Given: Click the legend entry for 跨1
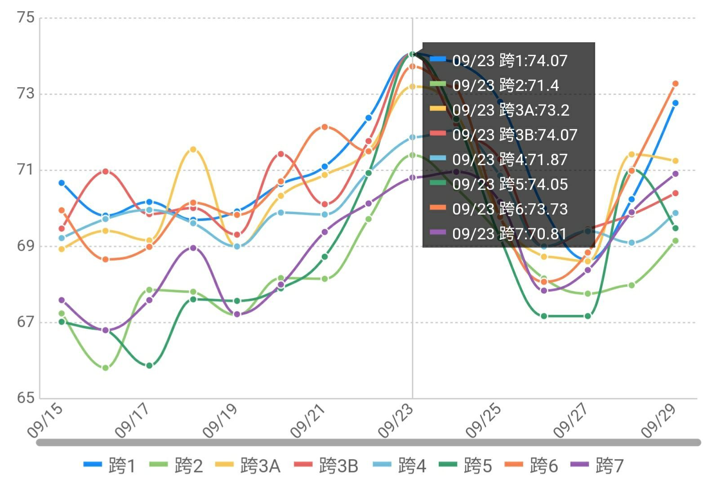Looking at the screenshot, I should click(x=110, y=466).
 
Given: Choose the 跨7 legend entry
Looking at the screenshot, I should click(x=597, y=466).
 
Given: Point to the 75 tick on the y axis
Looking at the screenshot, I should click(x=25, y=18).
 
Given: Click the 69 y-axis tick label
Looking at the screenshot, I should click(x=25, y=246).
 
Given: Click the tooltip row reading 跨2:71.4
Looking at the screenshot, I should click(x=506, y=85).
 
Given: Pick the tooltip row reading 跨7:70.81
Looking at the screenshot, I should click(x=509, y=234).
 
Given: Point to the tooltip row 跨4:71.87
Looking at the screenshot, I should click(x=510, y=159).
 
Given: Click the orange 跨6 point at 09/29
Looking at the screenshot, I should click(x=675, y=84).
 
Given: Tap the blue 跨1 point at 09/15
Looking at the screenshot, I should click(x=62, y=183).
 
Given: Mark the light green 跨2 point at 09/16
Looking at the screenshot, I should click(x=106, y=368).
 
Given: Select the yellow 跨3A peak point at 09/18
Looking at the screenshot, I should click(x=193, y=149).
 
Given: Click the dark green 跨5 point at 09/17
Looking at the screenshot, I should click(x=149, y=365).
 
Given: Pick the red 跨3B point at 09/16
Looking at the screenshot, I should click(x=106, y=171).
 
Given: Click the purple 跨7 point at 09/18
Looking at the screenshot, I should click(x=193, y=248).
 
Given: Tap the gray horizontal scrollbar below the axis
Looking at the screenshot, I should click(x=369, y=442).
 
